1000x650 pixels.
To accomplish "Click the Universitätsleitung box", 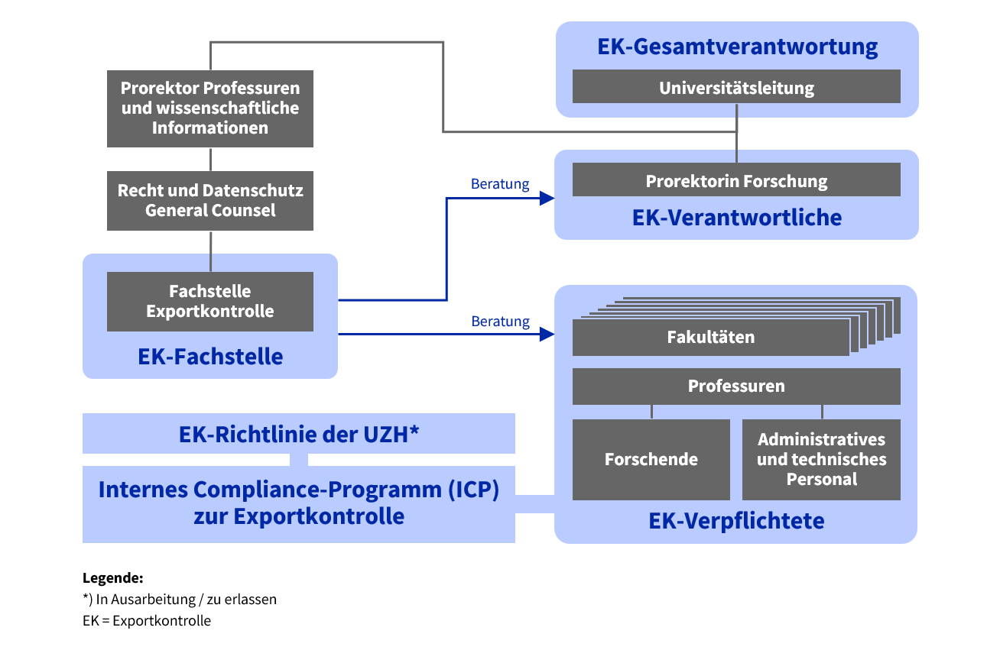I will pos(736,87).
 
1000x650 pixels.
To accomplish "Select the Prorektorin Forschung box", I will pos(736,181).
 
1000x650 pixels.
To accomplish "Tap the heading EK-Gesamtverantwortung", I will pos(737,47).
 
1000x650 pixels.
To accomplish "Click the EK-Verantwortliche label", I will pos(737,218).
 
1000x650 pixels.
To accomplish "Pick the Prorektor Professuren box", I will pos(210,108).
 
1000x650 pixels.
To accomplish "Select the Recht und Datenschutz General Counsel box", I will pos(210,200).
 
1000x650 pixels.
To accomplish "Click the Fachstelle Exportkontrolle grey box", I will pos(210,301).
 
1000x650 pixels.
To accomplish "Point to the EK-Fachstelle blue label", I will pos(210,356).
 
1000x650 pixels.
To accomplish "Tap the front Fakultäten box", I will pos(710,337).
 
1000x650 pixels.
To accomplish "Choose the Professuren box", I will pos(736,386).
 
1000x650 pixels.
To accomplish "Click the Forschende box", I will pos(651,459).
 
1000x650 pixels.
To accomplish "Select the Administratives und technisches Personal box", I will pos(821,459).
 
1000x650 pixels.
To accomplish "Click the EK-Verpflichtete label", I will pos(736,521).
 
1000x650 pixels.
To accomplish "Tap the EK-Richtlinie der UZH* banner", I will pos(299,434).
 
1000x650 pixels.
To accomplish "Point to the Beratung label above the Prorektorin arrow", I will pos(500,184).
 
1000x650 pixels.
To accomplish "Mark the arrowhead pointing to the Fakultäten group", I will pos(546,334).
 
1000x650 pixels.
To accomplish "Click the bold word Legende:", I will pos(113,578).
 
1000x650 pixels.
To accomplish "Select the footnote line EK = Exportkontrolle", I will pos(147,620).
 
